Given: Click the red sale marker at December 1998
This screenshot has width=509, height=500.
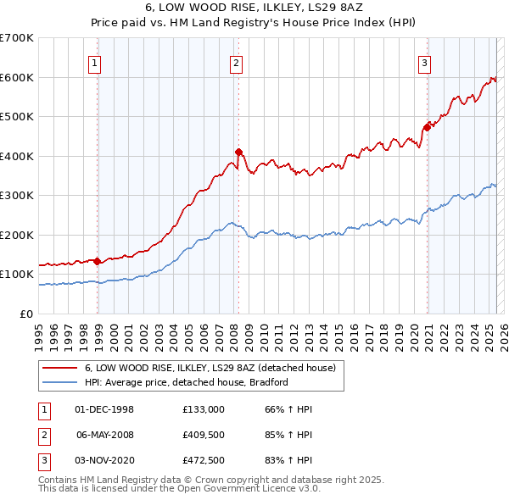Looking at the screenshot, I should pos(98,261).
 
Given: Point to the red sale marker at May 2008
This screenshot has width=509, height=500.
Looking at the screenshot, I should pos(238,153).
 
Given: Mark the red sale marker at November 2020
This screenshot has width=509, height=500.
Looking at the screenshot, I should pos(427,128).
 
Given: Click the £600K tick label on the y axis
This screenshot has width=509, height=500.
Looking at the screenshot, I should pos(17,77).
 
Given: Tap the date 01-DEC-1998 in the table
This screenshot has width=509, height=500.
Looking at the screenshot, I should pos(104,409).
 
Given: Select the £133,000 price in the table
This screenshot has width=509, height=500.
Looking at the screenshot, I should pos(203,409).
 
